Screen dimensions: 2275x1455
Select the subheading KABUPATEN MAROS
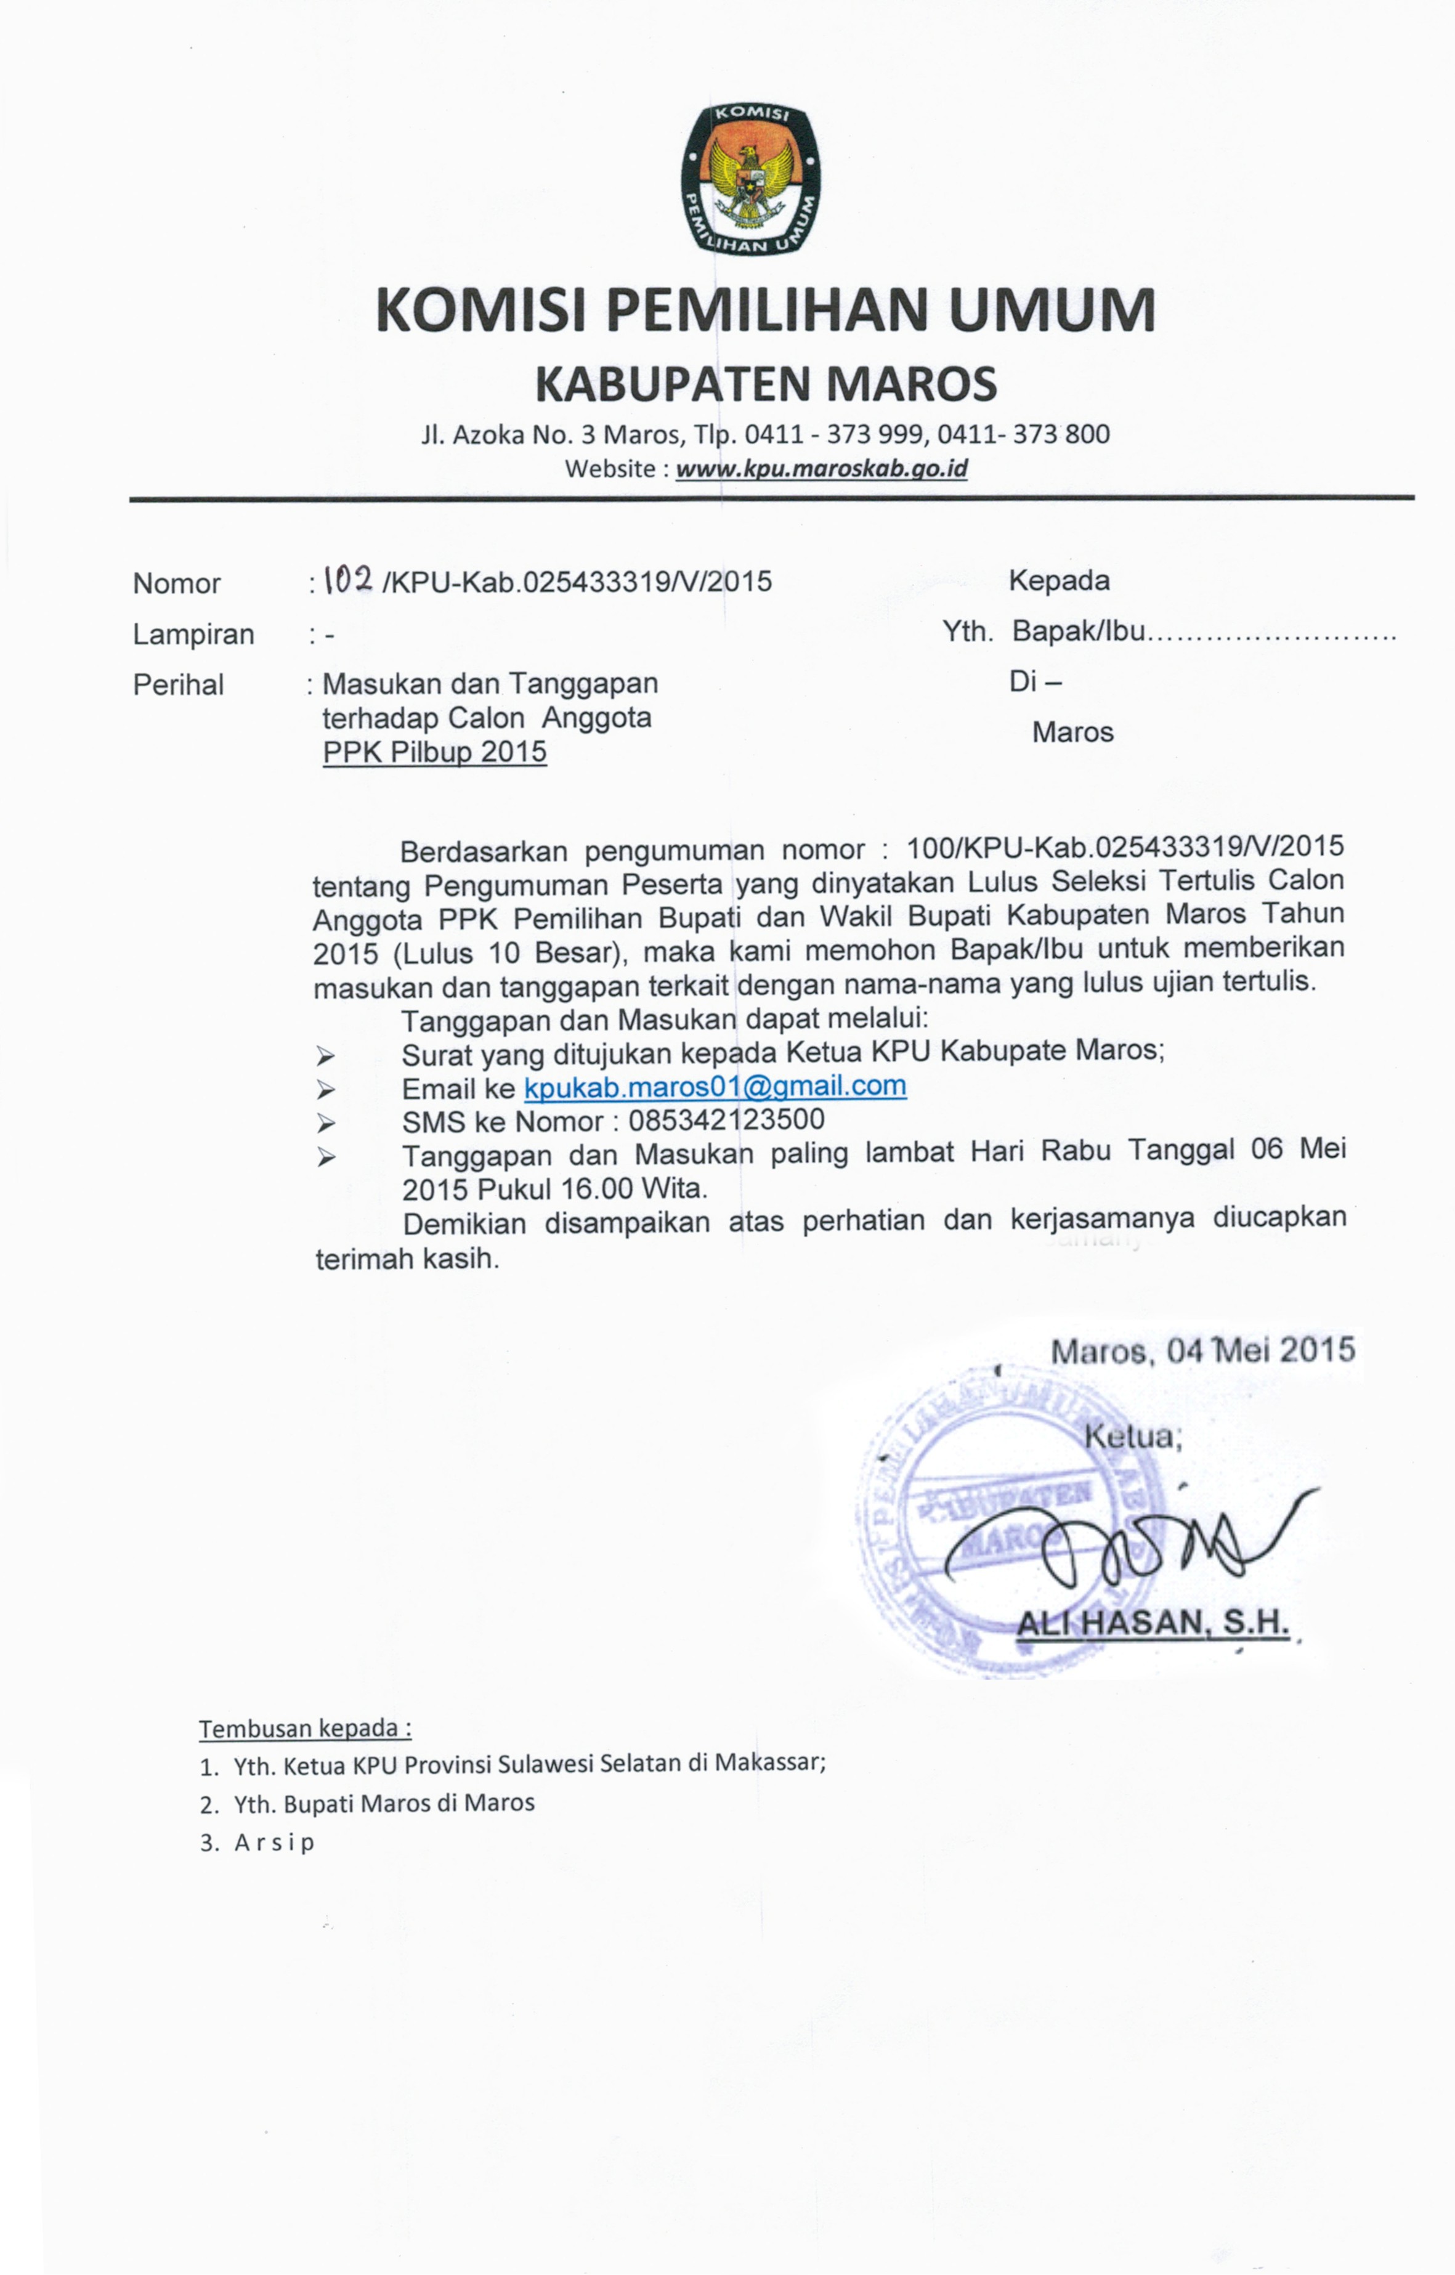765,383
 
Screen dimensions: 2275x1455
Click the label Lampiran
193,634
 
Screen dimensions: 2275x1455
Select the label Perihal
179,685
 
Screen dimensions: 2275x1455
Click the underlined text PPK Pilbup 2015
435,752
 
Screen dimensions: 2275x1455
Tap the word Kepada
1058,580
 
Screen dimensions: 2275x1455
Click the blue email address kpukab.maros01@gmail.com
715,1087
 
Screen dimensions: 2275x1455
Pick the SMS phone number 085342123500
726,1121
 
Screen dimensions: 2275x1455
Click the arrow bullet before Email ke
326,1089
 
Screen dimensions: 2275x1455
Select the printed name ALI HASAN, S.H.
1153,1623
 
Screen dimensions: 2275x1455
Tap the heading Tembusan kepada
305,1728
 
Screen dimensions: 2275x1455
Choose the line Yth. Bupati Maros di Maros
384,1803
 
